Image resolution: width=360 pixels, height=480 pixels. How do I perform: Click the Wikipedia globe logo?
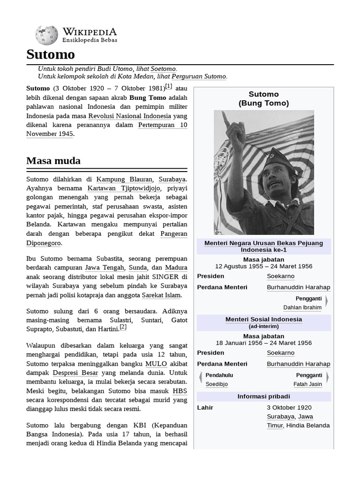point(47,35)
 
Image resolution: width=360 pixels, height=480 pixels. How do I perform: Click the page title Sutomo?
point(51,55)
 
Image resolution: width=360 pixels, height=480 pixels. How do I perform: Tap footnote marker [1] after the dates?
point(169,86)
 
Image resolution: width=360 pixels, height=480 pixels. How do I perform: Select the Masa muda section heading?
point(53,161)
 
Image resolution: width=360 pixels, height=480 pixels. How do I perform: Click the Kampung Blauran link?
point(124,179)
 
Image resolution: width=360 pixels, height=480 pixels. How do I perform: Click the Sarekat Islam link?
point(162,295)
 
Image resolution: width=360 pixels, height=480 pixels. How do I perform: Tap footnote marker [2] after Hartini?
point(123,327)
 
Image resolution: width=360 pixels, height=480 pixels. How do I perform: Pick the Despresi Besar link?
point(75,373)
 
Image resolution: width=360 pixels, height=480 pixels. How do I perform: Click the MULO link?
point(156,363)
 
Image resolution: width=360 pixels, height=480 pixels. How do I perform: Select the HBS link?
point(180,390)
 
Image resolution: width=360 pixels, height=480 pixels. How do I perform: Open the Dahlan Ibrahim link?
point(302,307)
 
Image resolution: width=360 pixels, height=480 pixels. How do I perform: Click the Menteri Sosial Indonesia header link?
point(263,319)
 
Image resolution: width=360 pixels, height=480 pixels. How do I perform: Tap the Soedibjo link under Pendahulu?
point(217,384)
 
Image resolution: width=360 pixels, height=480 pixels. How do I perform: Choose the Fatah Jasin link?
point(307,384)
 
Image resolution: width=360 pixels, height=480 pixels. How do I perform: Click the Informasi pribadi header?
point(263,397)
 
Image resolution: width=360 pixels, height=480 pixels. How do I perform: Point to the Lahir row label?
point(205,407)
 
